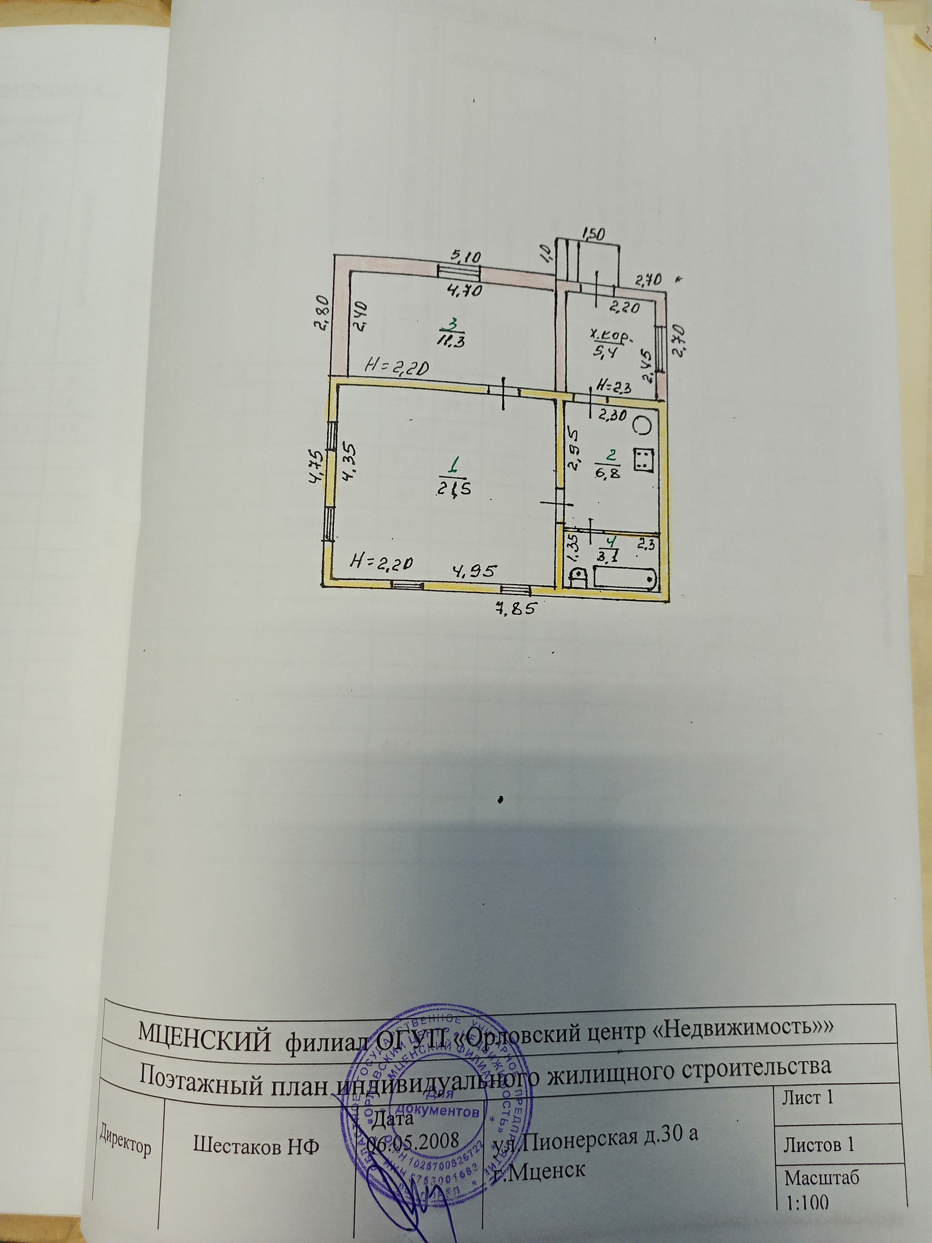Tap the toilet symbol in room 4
[x=578, y=577]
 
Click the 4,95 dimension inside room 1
[x=475, y=571]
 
